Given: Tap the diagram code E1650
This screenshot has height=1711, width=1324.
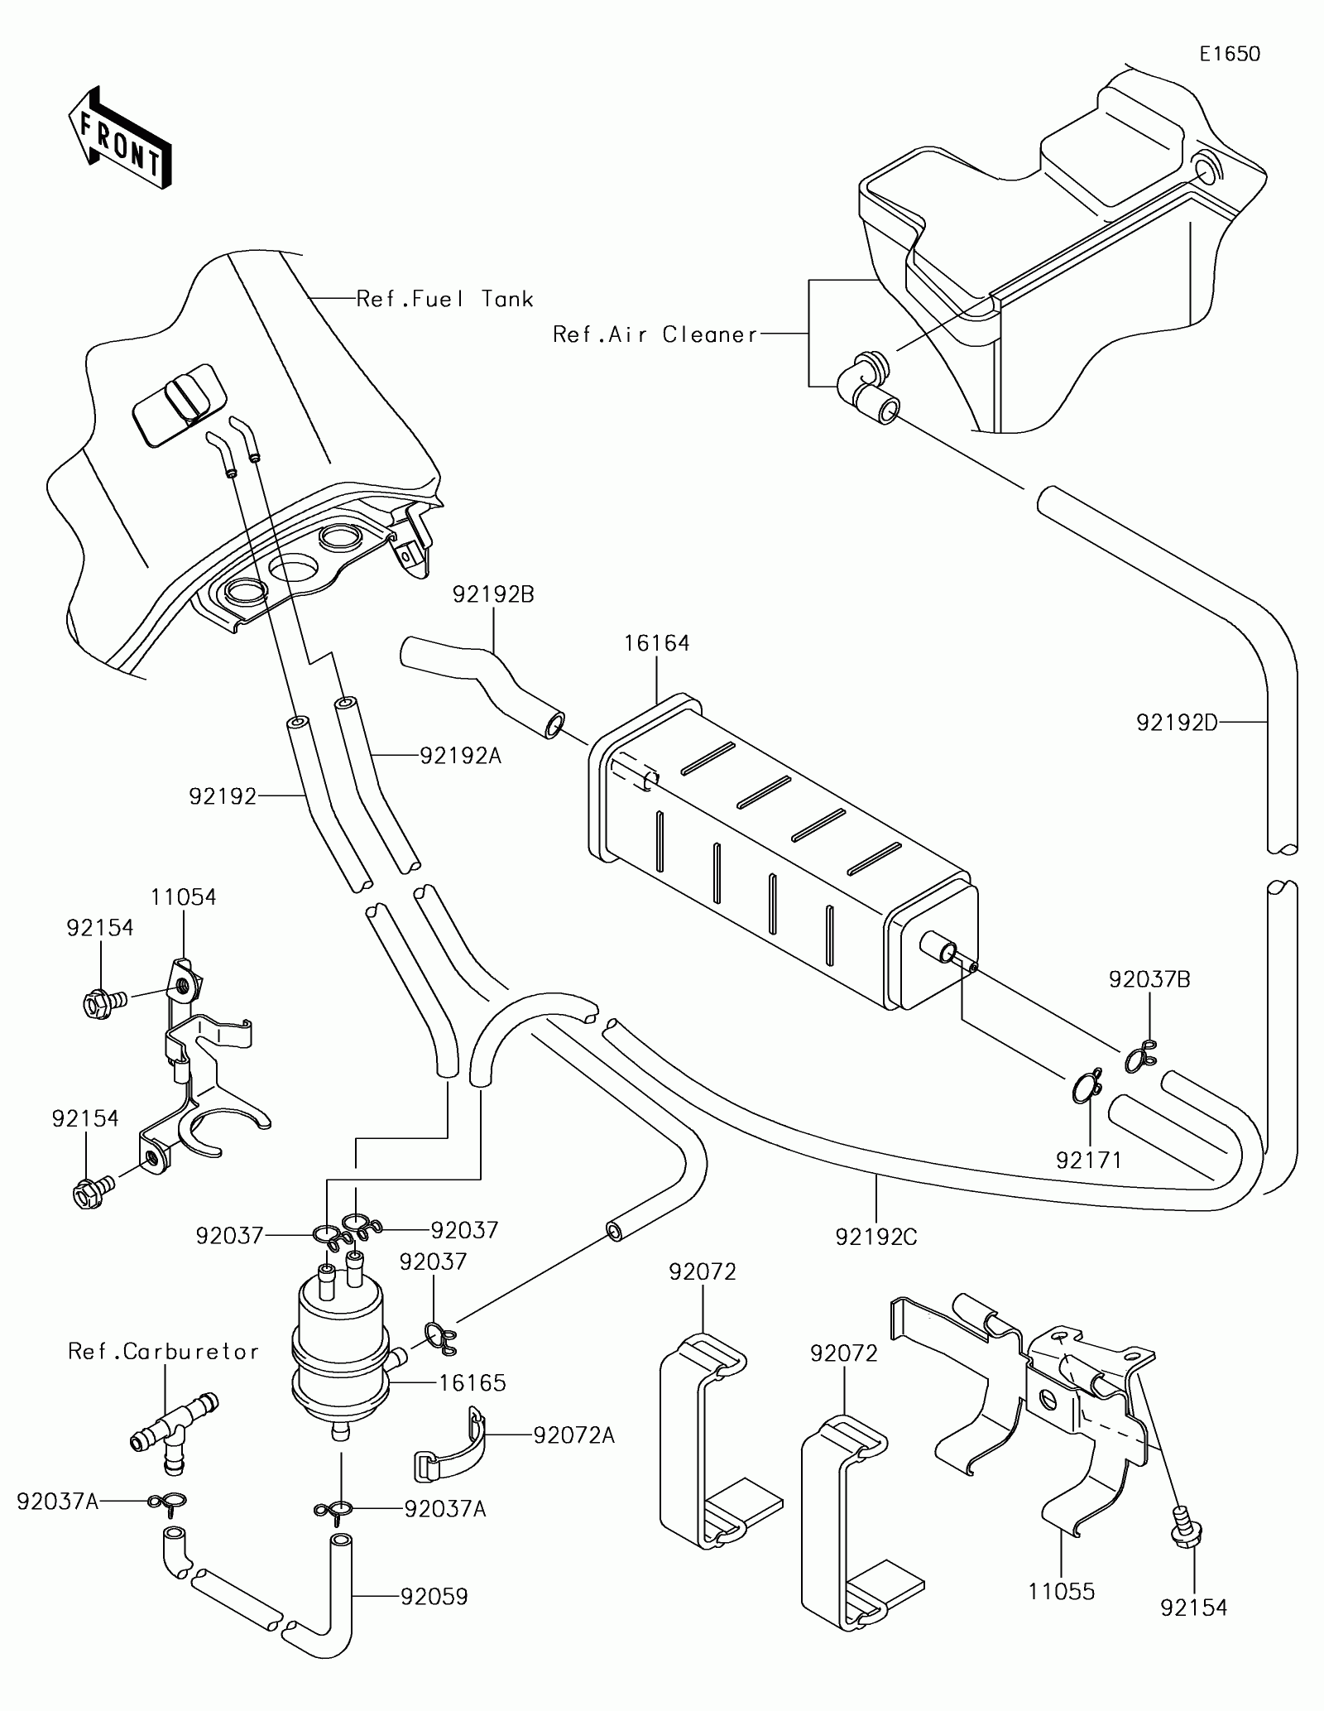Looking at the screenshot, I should [1230, 55].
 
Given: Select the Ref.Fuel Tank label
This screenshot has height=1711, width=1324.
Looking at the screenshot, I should [444, 299].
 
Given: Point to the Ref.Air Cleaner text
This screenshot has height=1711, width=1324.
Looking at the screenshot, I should [655, 334].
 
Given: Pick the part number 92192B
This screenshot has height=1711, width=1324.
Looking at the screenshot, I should [493, 594].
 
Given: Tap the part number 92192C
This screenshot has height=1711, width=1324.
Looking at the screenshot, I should [876, 1260].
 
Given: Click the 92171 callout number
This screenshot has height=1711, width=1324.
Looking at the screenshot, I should [1089, 1160].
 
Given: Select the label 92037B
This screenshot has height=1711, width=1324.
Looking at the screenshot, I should [1149, 980].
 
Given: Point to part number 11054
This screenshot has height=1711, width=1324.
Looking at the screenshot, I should [183, 897].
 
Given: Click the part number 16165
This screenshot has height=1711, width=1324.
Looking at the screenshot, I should [473, 1382].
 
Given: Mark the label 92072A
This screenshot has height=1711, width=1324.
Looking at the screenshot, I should [573, 1435].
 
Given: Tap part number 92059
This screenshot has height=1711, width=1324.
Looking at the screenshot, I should [434, 1596].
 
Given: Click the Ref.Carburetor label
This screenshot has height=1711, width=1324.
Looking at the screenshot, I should [164, 1352].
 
